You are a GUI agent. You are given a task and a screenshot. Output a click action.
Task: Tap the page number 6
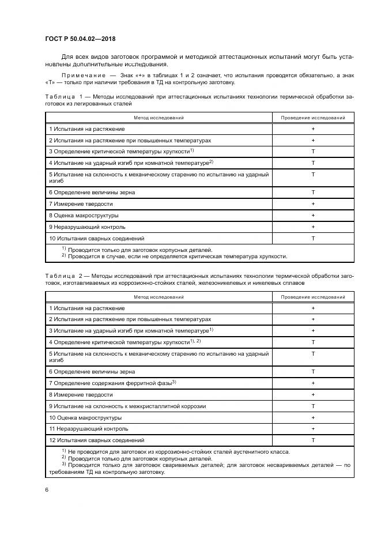(x=46, y=490)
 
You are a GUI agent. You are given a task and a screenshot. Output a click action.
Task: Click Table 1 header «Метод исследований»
(x=159, y=118)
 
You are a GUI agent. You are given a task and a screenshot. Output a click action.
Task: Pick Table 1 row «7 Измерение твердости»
(x=81, y=204)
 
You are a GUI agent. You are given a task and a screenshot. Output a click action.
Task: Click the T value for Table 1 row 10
(x=313, y=238)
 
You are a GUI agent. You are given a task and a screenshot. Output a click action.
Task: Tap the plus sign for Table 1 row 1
(x=313, y=129)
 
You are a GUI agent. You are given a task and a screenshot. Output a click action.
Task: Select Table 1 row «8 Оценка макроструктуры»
(x=84, y=216)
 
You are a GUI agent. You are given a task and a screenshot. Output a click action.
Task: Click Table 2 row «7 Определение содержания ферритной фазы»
(x=112, y=383)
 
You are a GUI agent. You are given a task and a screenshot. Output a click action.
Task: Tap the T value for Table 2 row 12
(x=313, y=440)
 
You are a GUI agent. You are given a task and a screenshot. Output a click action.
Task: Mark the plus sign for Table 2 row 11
(x=313, y=428)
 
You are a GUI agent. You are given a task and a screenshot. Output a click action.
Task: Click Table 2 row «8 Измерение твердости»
(x=81, y=394)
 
